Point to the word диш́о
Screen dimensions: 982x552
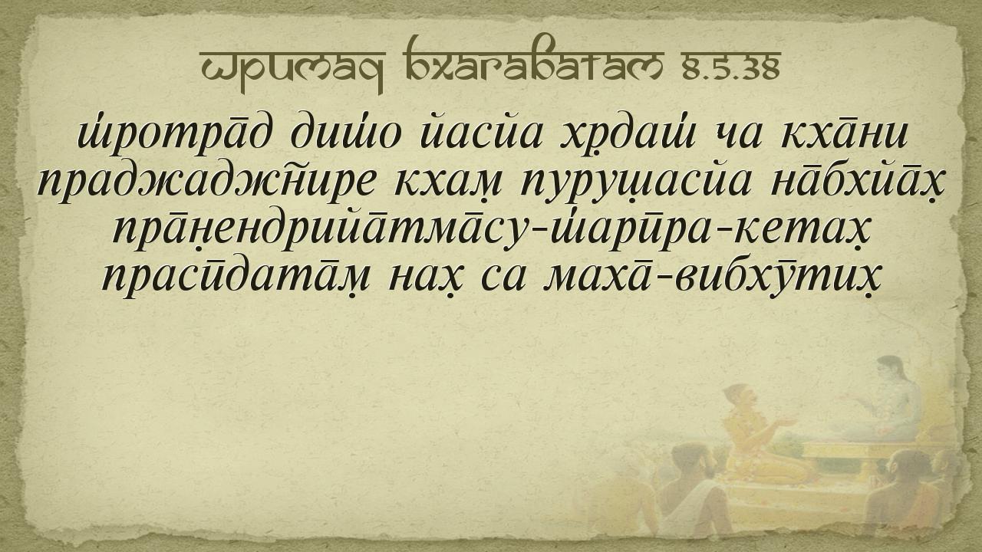point(345,133)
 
